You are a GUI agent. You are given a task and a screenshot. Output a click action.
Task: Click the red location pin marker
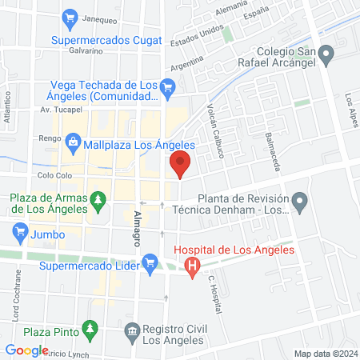pos(180,166)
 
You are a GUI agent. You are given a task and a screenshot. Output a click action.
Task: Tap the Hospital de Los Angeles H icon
pos(192,266)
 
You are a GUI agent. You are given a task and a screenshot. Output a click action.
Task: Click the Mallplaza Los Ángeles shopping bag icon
pos(73,144)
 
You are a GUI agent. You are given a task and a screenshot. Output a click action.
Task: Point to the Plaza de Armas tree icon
pos(98,198)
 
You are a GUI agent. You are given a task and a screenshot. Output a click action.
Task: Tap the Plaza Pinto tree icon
pos(90,329)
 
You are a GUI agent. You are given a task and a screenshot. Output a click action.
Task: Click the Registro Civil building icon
pos(131,330)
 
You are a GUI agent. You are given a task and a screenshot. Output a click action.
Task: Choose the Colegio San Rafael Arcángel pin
pos(326,54)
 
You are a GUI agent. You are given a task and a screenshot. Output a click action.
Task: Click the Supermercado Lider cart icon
pos(149,261)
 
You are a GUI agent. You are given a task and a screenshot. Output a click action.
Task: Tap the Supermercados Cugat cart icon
pos(70,18)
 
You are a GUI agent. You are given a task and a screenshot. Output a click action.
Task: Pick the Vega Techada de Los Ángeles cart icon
pos(167,88)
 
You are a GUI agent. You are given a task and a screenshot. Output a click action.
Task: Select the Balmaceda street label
pos(272,152)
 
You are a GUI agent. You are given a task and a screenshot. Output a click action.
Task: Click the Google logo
pos(26,350)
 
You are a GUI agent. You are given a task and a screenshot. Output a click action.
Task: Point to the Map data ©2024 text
pos(325,353)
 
